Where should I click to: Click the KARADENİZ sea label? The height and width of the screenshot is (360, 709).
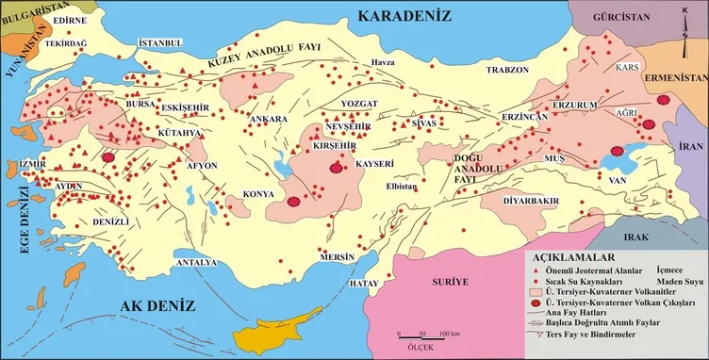coord(405,16)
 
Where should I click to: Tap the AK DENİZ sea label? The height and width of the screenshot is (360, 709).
coord(157,305)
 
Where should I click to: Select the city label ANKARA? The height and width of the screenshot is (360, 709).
coord(268,120)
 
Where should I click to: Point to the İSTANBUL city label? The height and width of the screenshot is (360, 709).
coord(158,43)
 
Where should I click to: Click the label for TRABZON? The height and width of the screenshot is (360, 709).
coord(508,70)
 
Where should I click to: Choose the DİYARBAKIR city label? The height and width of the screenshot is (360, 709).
coord(533,201)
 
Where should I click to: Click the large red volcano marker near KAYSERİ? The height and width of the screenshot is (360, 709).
coord(337,168)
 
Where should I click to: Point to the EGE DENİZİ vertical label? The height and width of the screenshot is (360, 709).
coord(10,216)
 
